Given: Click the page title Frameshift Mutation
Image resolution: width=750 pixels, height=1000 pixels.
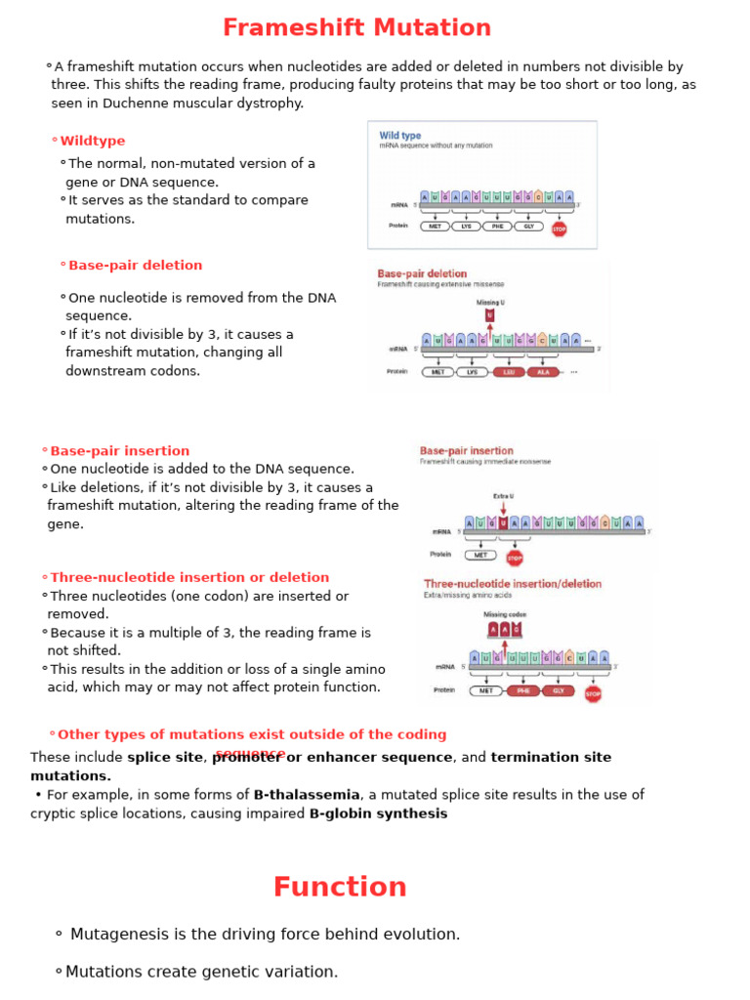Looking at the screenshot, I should (x=356, y=28).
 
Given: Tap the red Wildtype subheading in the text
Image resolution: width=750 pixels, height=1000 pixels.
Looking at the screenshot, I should (x=93, y=142).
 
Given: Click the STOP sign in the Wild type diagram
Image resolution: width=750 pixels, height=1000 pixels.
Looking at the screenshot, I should (x=559, y=229).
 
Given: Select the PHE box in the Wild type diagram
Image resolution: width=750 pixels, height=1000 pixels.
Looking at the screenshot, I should (x=497, y=227).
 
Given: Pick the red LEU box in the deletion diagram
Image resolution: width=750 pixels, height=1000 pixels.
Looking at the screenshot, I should (x=507, y=372).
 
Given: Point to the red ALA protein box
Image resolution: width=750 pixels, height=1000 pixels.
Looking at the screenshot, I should (x=543, y=372).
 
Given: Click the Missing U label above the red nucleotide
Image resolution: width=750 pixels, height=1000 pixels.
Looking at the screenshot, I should (x=490, y=303).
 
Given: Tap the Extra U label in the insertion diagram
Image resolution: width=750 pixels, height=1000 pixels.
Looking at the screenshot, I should (x=503, y=496).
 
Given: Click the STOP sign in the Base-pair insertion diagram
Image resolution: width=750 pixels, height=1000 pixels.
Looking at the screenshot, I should (x=515, y=558).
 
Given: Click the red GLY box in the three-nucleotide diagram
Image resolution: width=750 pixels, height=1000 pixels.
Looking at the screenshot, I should (x=559, y=690).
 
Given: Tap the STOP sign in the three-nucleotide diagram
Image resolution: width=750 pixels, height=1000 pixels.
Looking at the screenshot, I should (x=593, y=693).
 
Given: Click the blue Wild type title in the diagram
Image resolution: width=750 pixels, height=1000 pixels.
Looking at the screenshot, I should (x=400, y=136).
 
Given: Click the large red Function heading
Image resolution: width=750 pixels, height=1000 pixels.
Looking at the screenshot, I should (x=340, y=888).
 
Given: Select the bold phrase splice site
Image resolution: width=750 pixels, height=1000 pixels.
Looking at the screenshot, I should (x=163, y=758).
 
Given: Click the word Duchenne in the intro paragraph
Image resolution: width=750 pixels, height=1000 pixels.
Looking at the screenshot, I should (x=117, y=104).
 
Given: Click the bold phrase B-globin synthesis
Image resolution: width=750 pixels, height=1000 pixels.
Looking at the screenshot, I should (x=378, y=813).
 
